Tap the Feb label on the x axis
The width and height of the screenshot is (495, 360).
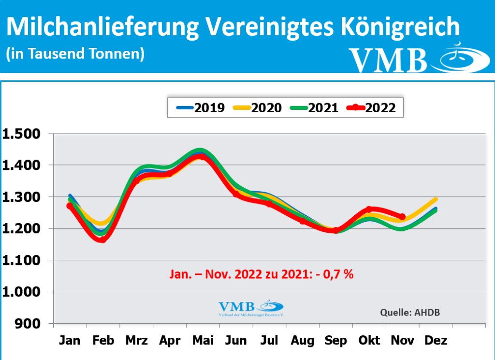coord(103,341)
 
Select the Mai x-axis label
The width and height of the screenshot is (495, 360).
coord(203,341)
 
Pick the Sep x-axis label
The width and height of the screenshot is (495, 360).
coord(335,341)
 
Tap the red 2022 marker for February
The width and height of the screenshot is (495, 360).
coord(102,239)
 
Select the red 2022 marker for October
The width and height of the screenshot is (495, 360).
coord(369,210)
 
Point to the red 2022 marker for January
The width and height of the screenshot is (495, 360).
coord(70,206)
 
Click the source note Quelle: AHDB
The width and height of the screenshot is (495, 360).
coord(410,312)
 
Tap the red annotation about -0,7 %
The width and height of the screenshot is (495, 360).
coord(261,274)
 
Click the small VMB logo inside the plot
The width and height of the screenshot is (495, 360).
coord(250,308)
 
